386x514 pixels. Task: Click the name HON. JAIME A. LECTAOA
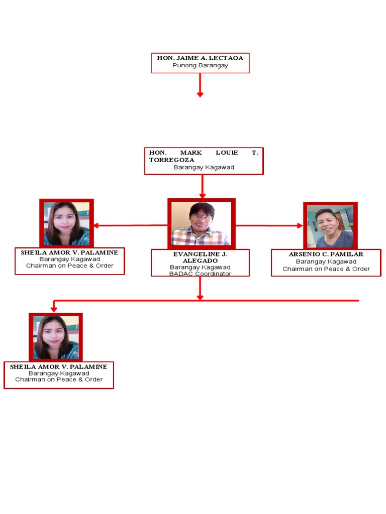click(200, 58)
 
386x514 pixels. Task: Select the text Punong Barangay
click(200, 65)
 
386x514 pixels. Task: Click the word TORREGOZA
click(171, 160)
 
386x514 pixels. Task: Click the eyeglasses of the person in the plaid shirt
click(202, 216)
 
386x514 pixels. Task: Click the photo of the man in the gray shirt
click(330, 226)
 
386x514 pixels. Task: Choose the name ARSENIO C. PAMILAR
click(326, 254)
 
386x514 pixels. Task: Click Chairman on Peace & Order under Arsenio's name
click(326, 269)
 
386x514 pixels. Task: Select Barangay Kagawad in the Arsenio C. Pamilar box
click(326, 262)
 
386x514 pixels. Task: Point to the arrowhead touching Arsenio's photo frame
click(300, 226)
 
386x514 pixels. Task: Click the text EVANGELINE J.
click(200, 254)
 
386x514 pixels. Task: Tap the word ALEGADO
click(200, 261)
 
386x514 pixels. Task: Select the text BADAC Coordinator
click(200, 274)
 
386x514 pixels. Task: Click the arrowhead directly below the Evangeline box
click(200, 297)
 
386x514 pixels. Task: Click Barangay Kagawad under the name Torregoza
click(204, 167)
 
